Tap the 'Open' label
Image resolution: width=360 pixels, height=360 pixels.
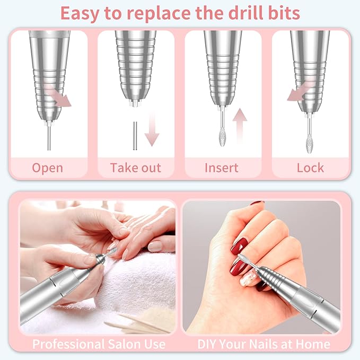coord(47,168)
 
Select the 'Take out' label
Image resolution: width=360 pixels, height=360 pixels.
coord(135,168)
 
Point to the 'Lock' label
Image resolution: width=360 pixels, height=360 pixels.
coord(310,168)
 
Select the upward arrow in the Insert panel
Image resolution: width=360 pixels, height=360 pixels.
coord(240,125)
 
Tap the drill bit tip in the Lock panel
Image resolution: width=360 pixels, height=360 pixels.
coord(309,144)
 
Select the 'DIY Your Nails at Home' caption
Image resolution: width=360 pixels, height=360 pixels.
coord(264,344)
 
